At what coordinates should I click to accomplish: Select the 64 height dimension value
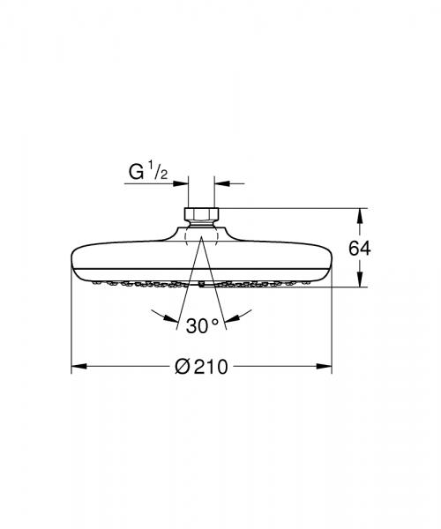359,248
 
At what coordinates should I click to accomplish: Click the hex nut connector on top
202,213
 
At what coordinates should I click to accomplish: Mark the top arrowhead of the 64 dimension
359,212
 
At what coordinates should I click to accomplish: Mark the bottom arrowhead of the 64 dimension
359,283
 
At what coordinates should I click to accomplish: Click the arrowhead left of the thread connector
183,183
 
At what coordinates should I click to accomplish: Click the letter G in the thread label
137,172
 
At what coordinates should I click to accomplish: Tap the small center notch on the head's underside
202,285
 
